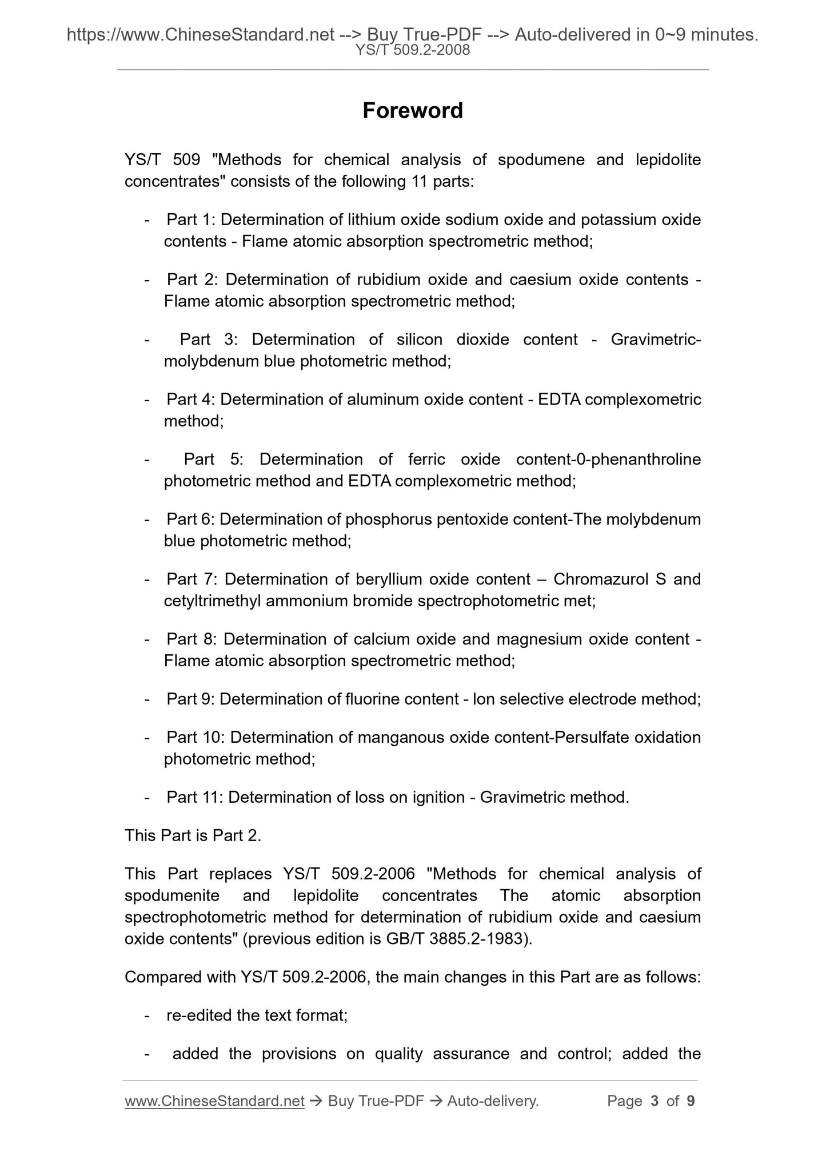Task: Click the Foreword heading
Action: [412, 110]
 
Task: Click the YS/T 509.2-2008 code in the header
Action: [412, 50]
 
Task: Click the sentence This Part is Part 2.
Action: [193, 835]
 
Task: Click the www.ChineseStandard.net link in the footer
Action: [214, 1101]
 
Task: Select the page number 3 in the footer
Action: [655, 1101]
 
